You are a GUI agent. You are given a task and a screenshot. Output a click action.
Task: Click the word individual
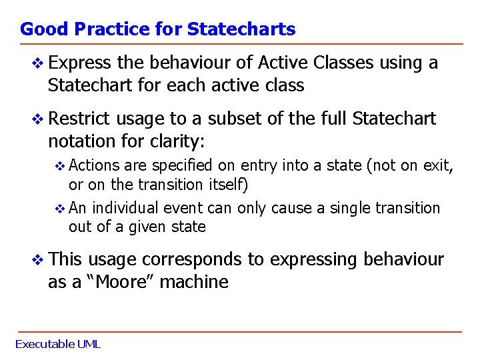click(x=124, y=208)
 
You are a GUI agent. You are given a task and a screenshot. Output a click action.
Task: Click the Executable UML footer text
click(x=58, y=344)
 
